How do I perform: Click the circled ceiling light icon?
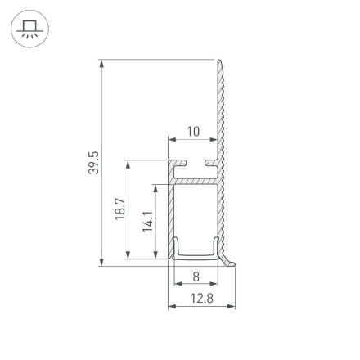pos(29,30)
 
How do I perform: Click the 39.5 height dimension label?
pos(93,162)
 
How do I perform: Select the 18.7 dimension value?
pos(120,209)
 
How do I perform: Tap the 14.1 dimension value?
pos(147,221)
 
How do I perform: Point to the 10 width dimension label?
pos(194,131)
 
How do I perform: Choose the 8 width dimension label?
pos(196,277)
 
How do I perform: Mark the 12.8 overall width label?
pos(201,298)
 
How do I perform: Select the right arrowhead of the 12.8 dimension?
pos(232,308)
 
